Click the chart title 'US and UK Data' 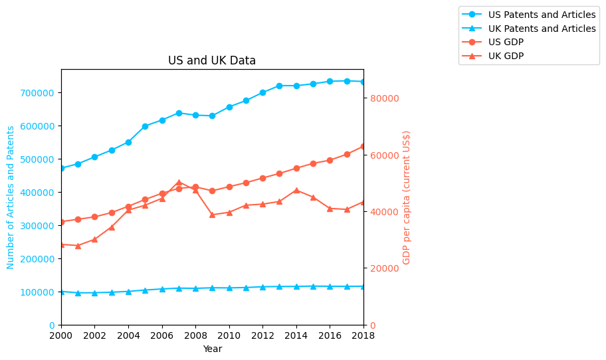click(x=212, y=60)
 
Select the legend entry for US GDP click(x=506, y=43)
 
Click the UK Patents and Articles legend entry click(x=542, y=29)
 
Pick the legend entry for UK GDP click(x=506, y=56)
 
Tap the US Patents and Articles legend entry click(x=542, y=15)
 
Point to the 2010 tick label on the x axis click(x=229, y=336)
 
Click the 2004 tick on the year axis click(x=128, y=336)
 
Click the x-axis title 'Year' click(x=212, y=349)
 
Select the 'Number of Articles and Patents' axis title click(x=11, y=197)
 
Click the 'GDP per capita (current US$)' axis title click(x=407, y=197)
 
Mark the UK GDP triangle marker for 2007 click(x=179, y=182)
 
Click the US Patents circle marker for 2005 click(x=145, y=126)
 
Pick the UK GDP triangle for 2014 click(x=296, y=191)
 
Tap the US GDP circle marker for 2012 click(x=262, y=178)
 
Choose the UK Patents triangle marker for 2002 click(x=94, y=293)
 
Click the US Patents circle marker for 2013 click(x=279, y=86)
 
